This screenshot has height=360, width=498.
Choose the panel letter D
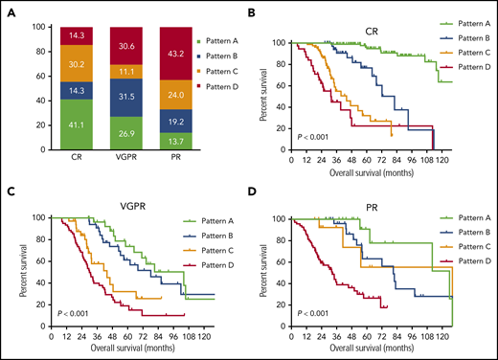[x=252, y=191]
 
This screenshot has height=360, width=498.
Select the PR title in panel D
[x=369, y=203]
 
